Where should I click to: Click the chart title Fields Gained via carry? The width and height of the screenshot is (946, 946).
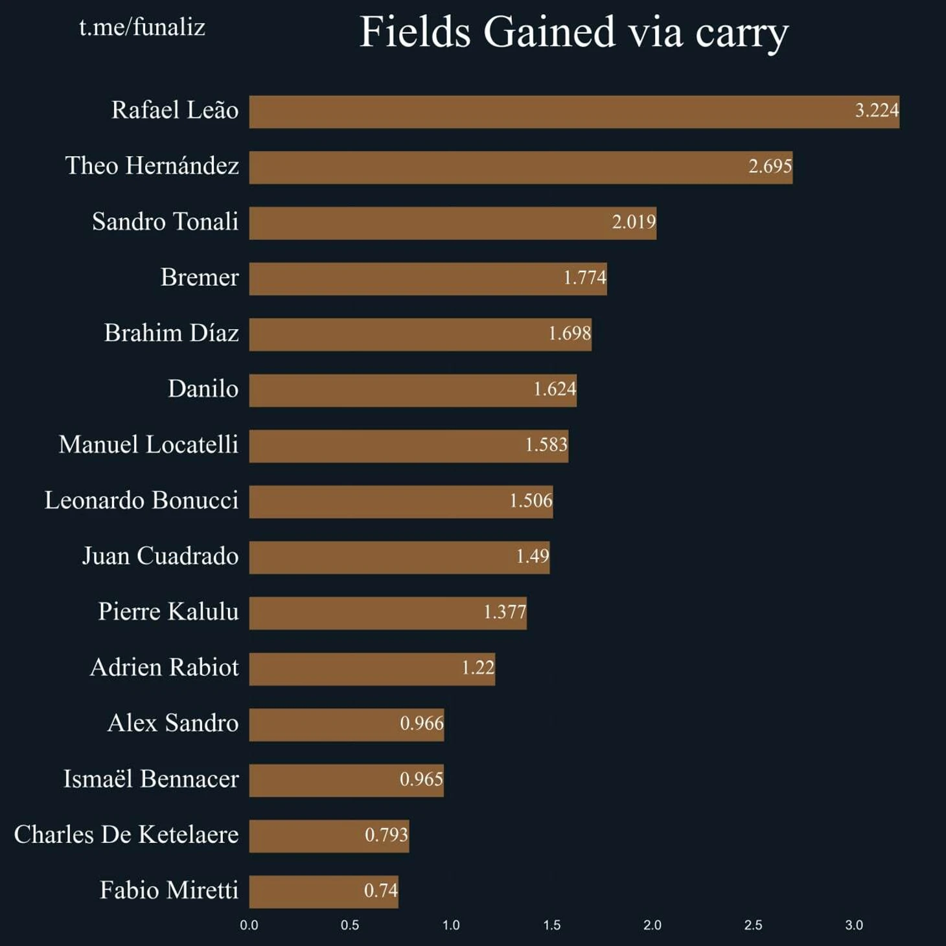click(x=574, y=32)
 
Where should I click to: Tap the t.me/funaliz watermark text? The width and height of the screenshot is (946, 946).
click(x=142, y=27)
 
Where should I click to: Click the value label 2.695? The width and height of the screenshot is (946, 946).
click(x=770, y=167)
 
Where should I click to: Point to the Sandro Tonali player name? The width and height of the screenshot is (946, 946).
click(x=165, y=222)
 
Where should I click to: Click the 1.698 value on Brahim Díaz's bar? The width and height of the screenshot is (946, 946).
click(x=570, y=334)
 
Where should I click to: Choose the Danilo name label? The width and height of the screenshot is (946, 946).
click(x=203, y=389)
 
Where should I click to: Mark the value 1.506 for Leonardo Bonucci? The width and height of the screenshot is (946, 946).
click(x=531, y=501)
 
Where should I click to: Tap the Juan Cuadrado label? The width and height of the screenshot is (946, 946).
click(x=160, y=556)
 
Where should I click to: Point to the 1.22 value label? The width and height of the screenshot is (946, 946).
click(x=478, y=667)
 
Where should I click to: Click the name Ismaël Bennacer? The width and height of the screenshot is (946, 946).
click(x=151, y=779)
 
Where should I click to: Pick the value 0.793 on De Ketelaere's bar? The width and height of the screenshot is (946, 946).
click(x=386, y=835)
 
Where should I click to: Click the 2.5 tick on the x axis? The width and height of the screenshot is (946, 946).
click(x=753, y=925)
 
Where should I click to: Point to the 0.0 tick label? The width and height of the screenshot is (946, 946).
click(x=249, y=925)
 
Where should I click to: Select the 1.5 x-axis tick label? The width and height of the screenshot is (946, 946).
click(x=551, y=925)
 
